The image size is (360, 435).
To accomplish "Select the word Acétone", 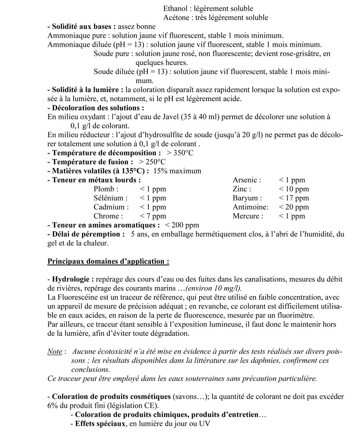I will pyautogui.click(x=176, y=18).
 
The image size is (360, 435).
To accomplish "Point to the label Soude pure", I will pyautogui.click(x=113, y=54).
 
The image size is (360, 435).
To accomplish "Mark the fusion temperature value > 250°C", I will pyautogui.click(x=152, y=162).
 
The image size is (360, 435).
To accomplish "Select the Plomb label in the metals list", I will pyautogui.click(x=106, y=189).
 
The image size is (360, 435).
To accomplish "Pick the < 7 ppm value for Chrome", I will pyautogui.click(x=153, y=216).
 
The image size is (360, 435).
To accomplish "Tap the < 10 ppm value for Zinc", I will pyautogui.click(x=294, y=189).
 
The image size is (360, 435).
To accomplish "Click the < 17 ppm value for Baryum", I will pyautogui.click(x=294, y=198).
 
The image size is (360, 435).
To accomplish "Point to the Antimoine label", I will pyautogui.click(x=250, y=207).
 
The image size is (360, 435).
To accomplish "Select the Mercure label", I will pyautogui.click(x=248, y=216).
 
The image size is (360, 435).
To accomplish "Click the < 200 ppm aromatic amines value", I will pyautogui.click(x=182, y=225).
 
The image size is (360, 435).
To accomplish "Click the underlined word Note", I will pyautogui.click(x=55, y=352).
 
